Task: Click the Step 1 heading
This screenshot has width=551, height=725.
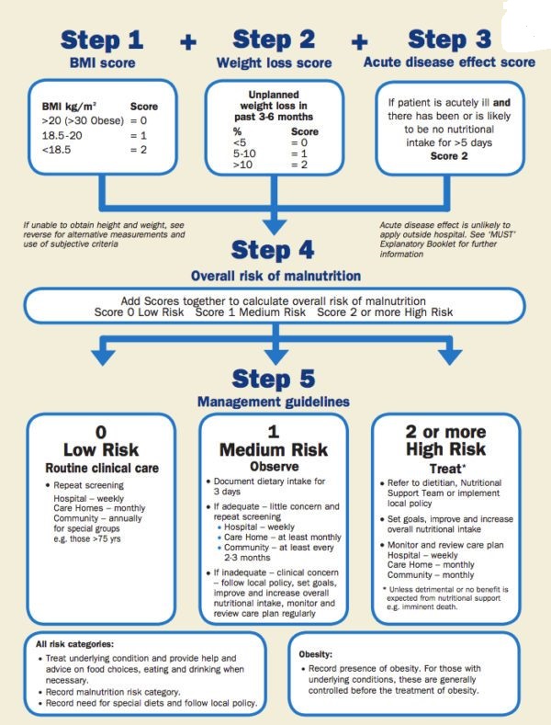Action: click(x=103, y=40)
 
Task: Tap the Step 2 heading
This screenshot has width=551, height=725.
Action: click(x=275, y=40)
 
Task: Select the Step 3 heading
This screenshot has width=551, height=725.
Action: click(x=449, y=40)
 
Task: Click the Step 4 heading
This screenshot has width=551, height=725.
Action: click(x=275, y=250)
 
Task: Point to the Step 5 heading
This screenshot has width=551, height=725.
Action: click(x=275, y=378)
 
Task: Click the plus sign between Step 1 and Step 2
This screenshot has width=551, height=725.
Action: click(x=188, y=41)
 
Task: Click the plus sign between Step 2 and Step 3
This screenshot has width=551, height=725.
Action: click(x=359, y=41)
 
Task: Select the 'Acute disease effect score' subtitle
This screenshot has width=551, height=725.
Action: click(x=449, y=62)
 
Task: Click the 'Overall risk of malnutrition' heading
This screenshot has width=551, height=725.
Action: click(x=275, y=275)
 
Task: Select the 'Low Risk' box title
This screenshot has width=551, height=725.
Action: click(x=101, y=450)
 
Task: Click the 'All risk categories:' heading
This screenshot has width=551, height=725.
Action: click(x=76, y=644)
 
